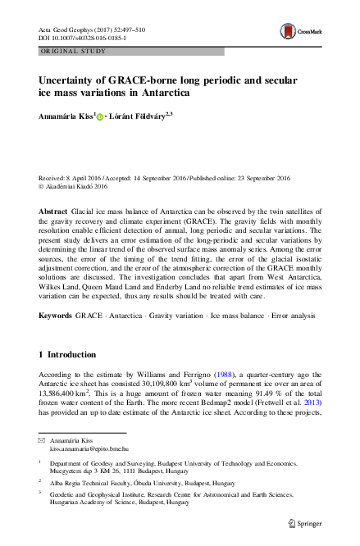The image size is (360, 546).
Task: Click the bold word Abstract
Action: click(53, 212)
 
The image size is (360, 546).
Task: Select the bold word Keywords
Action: click(56, 293)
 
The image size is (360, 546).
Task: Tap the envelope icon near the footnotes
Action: click(41, 441)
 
